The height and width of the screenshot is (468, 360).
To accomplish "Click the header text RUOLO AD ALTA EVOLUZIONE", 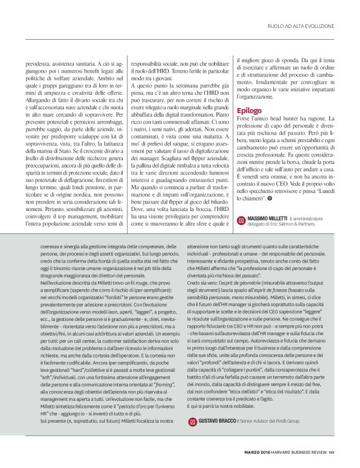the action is (x=302, y=26).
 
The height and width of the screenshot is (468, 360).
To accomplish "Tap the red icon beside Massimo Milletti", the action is (x=241, y=220).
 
